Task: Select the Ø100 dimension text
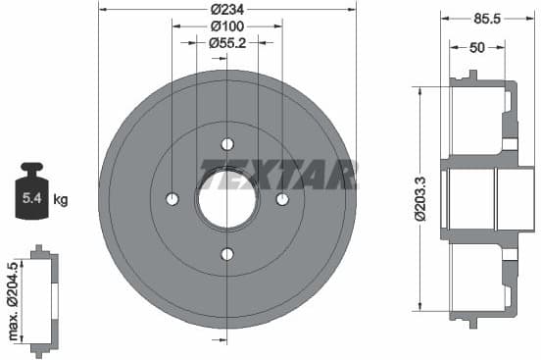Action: tap(226, 26)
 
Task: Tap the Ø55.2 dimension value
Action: tap(226, 42)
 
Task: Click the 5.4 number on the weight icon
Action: tap(32, 200)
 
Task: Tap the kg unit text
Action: tap(61, 200)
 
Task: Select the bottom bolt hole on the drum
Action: tap(227, 254)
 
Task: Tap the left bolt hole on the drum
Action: tap(172, 199)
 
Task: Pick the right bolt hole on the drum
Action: tap(282, 199)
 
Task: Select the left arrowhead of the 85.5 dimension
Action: tap(444, 17)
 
